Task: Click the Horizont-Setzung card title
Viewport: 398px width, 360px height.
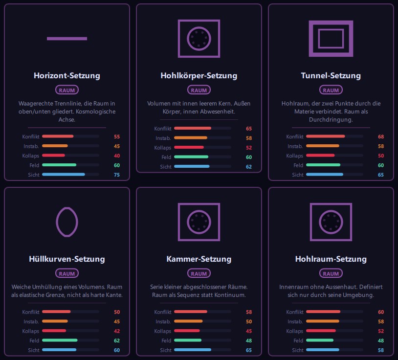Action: pos(67,75)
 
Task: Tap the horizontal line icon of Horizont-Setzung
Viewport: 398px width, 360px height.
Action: pos(67,39)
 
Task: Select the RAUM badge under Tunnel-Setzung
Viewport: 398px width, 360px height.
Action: pos(331,90)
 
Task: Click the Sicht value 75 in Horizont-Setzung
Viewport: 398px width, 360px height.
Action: pos(117,175)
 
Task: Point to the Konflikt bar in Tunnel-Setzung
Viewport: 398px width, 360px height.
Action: pos(326,136)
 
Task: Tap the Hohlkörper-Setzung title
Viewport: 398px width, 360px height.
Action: pos(199,75)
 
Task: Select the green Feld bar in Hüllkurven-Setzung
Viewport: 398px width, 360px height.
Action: pos(60,340)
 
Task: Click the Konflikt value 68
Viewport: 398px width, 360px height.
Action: pos(381,136)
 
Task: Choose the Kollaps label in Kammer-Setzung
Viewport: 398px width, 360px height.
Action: pos(162,331)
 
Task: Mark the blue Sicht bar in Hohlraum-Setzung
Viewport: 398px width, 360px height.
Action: pos(323,350)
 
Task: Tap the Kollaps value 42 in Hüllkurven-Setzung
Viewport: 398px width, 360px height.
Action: pos(117,331)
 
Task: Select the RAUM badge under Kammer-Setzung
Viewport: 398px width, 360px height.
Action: pos(199,274)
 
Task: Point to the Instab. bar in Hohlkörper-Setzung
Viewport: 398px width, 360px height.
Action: pos(191,138)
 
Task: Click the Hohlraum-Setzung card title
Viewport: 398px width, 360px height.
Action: pos(331,259)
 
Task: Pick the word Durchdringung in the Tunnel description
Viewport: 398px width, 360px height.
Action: pos(331,119)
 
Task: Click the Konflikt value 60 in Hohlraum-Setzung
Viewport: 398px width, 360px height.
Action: pos(381,312)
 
